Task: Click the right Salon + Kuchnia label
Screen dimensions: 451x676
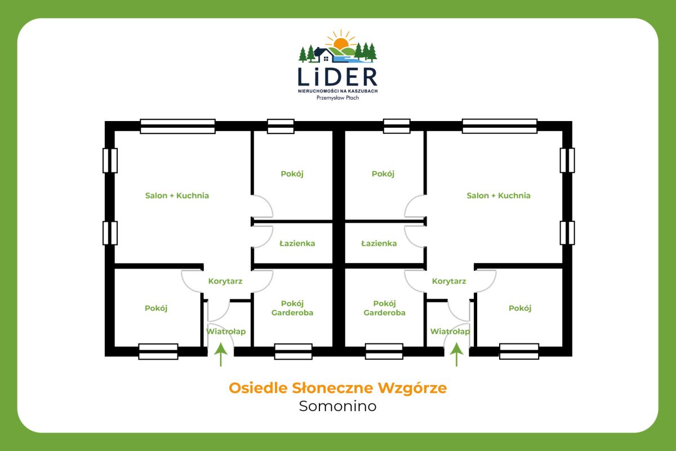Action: (499, 196)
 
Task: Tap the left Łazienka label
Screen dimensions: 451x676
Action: (297, 244)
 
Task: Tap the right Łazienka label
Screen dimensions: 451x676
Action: (379, 244)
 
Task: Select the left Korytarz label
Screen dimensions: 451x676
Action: (225, 281)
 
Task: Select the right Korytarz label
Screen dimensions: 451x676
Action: (449, 281)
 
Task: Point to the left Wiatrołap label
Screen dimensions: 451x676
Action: (226, 332)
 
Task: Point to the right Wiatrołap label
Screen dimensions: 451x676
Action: (450, 332)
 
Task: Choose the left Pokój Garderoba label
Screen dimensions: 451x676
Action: (292, 308)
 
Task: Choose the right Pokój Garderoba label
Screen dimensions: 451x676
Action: (385, 308)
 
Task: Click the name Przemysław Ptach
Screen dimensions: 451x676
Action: (337, 97)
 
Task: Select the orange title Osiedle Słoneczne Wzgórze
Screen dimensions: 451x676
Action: (337, 389)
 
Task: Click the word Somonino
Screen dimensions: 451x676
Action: (337, 406)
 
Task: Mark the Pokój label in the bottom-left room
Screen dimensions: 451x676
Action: (156, 309)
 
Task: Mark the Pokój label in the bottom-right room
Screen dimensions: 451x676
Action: (520, 309)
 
